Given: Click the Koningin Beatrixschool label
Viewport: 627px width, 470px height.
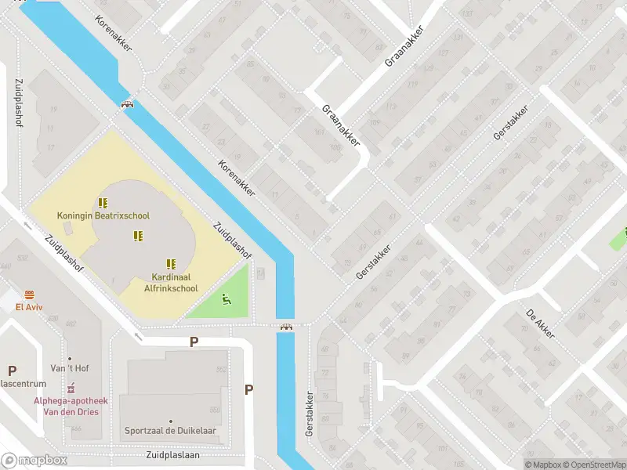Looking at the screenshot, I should point(103,215).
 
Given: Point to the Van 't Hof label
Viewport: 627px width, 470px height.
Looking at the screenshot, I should point(68,369).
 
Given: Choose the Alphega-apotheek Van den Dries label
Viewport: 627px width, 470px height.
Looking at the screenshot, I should point(71,406).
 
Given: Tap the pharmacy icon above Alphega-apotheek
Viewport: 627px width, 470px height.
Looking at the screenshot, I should point(71,388).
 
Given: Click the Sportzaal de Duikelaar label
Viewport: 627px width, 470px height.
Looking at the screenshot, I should point(170,431).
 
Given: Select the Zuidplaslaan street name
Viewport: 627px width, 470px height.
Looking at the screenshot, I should point(173,454).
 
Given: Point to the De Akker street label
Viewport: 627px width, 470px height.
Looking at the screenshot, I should point(540,324).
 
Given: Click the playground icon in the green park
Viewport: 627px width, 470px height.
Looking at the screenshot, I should point(227,298).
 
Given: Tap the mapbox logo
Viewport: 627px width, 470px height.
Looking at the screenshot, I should point(34,461).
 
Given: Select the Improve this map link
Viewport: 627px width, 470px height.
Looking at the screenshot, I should point(624,465).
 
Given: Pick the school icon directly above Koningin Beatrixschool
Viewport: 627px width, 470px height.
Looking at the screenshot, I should point(103,202).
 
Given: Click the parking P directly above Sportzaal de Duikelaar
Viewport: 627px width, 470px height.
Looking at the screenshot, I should point(194,342).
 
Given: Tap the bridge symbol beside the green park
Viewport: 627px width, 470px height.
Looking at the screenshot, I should point(287,327).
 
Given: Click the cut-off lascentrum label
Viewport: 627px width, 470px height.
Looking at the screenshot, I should point(24,384).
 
